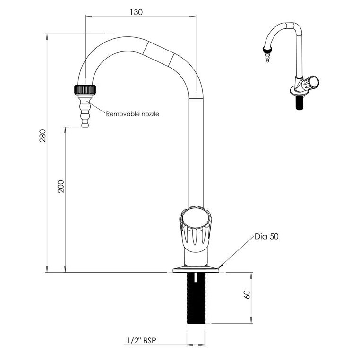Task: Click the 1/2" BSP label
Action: pos(141,340)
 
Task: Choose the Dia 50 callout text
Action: pos(266,237)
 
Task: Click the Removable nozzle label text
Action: pos(132,114)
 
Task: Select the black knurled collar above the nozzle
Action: pos(86,89)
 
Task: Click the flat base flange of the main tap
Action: pos(196,270)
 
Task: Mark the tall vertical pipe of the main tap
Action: pos(196,151)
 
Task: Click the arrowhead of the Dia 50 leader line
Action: pos(221,267)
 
